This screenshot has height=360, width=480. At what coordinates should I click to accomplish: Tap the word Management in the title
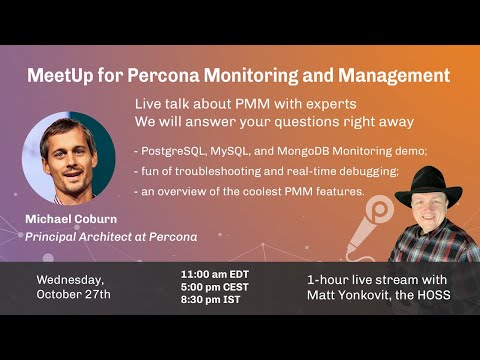tap(397, 75)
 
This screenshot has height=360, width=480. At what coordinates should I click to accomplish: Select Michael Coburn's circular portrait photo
tap(68, 157)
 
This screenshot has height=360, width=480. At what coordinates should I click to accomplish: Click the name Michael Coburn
tap(75, 219)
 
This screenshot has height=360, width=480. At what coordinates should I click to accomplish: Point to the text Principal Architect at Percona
tap(112, 236)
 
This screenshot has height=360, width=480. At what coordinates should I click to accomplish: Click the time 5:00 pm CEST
tap(213, 285)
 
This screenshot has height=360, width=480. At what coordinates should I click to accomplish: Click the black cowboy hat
tap(428, 186)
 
